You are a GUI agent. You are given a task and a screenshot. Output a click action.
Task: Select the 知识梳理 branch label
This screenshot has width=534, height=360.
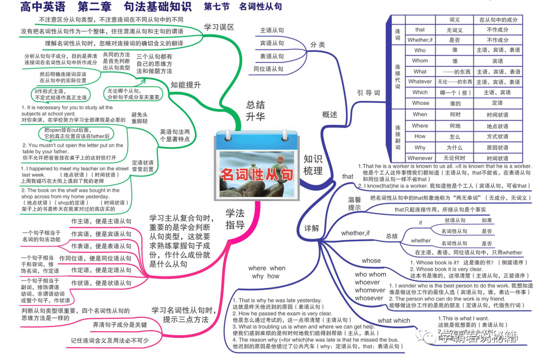313,165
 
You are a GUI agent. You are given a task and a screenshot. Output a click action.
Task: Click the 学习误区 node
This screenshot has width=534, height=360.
219,27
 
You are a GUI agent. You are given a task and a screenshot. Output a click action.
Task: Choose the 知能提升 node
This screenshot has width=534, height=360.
186,85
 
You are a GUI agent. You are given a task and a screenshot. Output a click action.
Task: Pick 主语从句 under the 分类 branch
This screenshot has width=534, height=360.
272,30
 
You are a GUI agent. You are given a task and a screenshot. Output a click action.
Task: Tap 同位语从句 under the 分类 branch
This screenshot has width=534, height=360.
269,69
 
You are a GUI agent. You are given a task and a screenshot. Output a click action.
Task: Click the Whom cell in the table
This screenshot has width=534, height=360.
420,61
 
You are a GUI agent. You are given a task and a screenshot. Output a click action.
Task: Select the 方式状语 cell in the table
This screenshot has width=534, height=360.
497,136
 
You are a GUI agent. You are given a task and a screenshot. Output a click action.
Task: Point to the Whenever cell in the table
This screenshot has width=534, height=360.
420,158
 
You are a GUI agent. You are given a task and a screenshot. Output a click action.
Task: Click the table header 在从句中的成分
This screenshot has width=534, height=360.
497,20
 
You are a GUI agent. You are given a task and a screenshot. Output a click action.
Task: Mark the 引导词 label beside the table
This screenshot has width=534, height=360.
368,93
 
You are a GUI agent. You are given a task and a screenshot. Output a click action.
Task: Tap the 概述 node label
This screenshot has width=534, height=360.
330,114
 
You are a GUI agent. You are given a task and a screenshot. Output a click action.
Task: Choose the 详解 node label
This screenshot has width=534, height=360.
312,227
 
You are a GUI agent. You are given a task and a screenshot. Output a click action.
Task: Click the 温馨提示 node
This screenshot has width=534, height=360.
354,204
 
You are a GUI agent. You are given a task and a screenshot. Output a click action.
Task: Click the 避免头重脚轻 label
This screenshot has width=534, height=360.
139,117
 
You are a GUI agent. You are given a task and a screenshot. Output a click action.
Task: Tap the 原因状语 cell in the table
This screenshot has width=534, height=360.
497,147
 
